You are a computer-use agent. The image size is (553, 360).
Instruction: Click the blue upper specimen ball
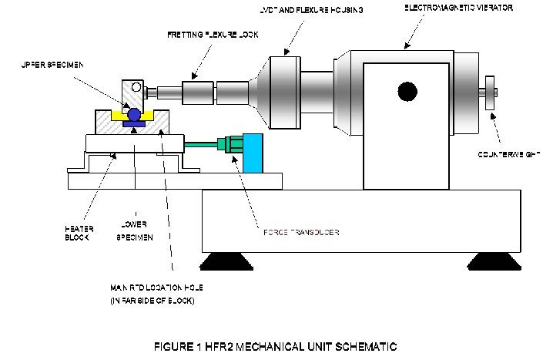136,114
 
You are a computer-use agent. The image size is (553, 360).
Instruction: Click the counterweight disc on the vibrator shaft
488,94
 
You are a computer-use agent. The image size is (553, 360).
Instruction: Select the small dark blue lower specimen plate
136,125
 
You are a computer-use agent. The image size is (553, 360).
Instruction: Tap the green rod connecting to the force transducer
202,142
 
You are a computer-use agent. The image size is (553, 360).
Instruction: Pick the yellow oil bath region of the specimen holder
119,116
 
